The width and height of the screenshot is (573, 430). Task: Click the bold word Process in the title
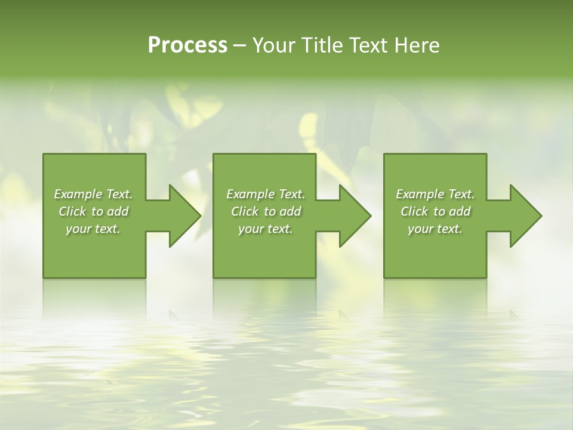click(x=187, y=45)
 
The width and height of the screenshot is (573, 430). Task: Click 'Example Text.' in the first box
click(x=93, y=194)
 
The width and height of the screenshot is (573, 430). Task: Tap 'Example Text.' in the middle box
click(x=266, y=194)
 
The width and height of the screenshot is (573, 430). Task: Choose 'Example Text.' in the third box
click(x=435, y=194)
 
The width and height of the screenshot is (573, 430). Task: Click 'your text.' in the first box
click(x=93, y=229)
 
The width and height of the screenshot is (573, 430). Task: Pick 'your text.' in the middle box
click(x=266, y=229)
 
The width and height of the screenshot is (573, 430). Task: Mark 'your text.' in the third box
click(x=435, y=229)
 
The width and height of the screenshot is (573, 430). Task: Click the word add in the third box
click(x=460, y=211)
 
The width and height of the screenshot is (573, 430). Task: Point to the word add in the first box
click(x=118, y=211)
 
